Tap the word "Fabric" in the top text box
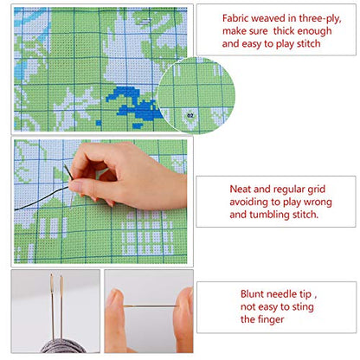point(235,18)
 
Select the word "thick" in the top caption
point(284,31)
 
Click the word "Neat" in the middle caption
point(241,190)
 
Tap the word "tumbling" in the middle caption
point(269,215)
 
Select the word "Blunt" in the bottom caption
point(252,294)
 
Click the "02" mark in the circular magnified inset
point(190,116)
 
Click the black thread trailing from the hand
point(42,198)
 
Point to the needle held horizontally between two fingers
point(151,306)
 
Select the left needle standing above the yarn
point(52,305)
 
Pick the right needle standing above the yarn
point(61,307)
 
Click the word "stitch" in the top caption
point(309,43)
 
